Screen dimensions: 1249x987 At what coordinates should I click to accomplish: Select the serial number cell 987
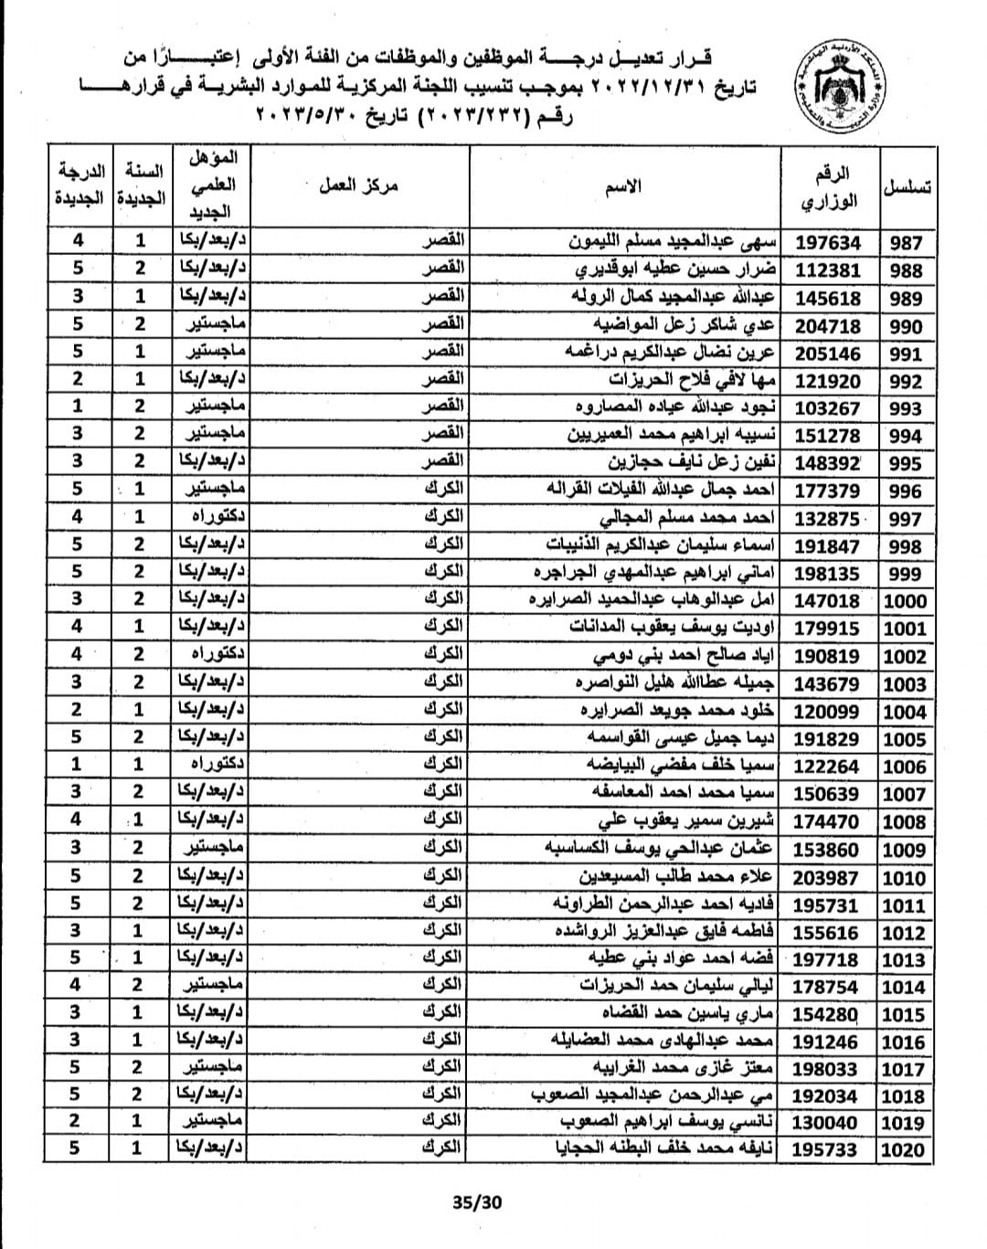coord(905,243)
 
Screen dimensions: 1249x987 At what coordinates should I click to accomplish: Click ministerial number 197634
coord(828,243)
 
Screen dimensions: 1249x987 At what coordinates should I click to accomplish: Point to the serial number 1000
coord(904,601)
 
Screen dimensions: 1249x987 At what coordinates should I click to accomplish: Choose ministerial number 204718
coord(828,326)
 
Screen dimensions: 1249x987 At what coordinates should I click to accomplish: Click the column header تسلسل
coord(907,187)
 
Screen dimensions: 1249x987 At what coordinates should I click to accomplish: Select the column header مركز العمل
coord(359,187)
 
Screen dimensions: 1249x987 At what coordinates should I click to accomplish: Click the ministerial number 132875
coord(828,519)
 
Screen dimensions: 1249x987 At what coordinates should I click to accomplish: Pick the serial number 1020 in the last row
coord(904,1150)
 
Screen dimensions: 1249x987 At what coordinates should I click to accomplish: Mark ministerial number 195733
coord(828,1150)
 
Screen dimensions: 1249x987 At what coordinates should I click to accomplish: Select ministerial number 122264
coord(828,767)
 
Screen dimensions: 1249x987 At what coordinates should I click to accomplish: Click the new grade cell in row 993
coord(77,407)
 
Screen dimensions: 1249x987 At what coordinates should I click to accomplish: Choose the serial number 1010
coord(904,878)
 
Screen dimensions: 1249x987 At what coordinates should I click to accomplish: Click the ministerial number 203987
coord(828,878)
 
